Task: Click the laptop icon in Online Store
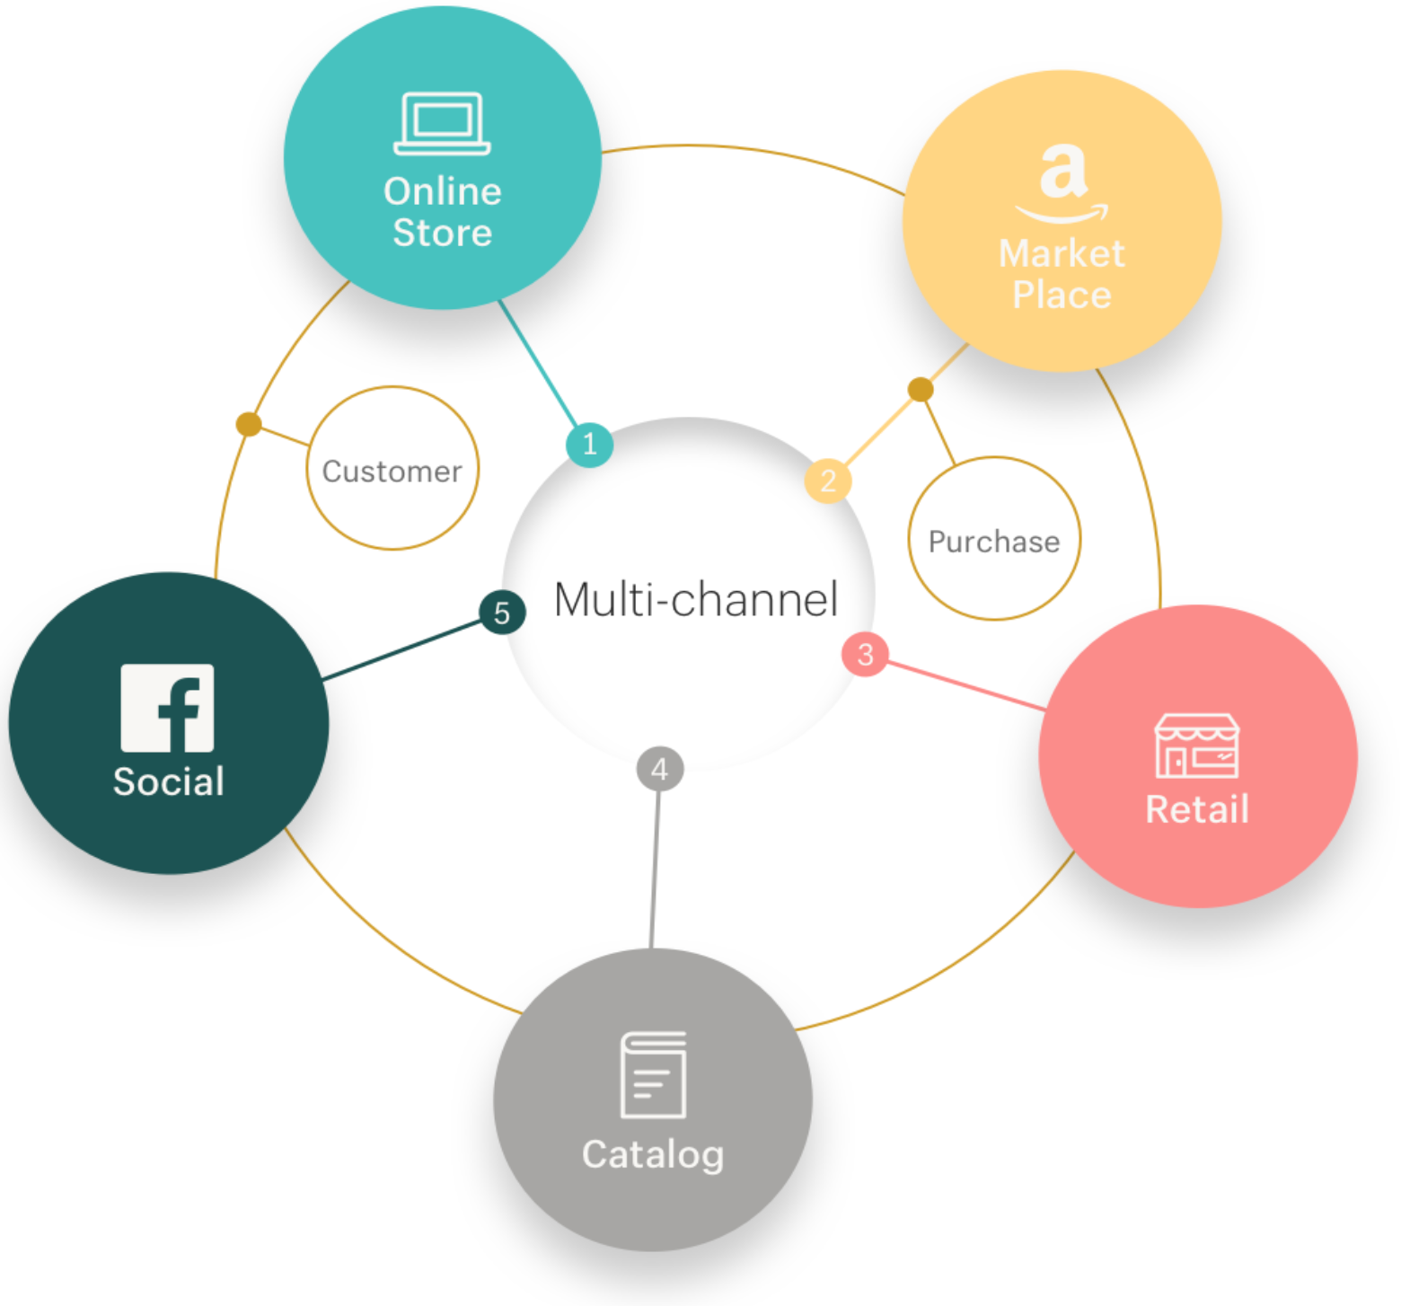click(442, 124)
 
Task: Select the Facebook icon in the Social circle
click(168, 708)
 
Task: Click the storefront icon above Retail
click(1197, 746)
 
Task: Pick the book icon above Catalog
click(654, 1074)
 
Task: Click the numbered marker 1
click(589, 444)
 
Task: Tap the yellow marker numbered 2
click(828, 481)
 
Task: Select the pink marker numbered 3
click(865, 654)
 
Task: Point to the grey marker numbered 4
click(660, 769)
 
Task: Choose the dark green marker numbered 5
click(502, 613)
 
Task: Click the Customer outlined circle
click(392, 469)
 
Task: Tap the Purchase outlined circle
click(994, 539)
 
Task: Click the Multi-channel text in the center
click(696, 599)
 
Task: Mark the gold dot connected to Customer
click(249, 424)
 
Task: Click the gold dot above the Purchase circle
click(921, 389)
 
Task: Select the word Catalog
click(653, 1154)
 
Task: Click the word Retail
click(1197, 809)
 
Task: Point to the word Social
click(169, 781)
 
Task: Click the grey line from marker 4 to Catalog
click(656, 862)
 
